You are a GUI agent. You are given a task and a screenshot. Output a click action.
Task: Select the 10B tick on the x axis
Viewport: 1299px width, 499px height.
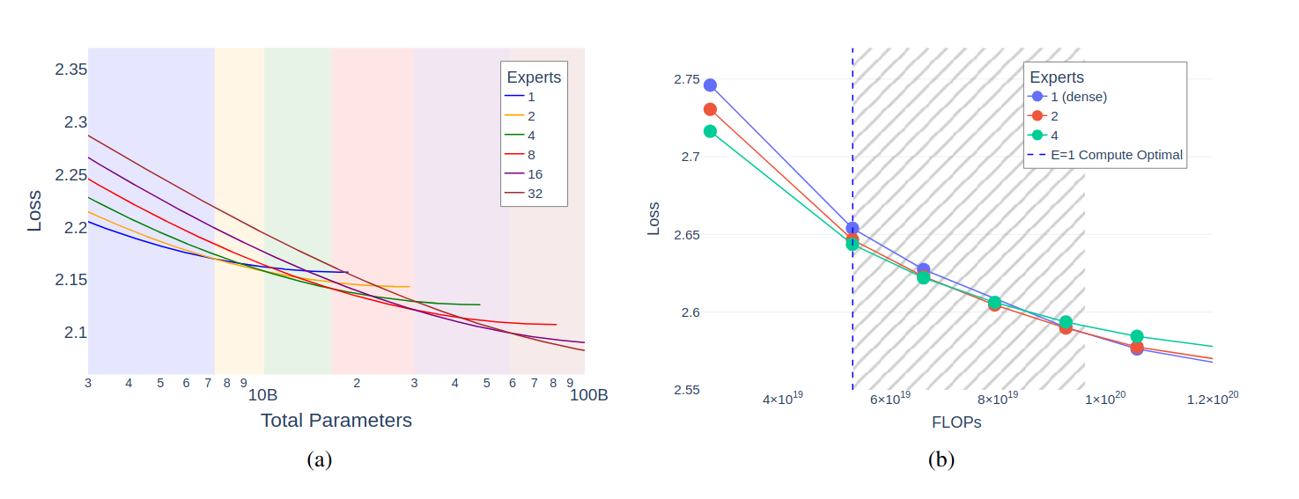262,394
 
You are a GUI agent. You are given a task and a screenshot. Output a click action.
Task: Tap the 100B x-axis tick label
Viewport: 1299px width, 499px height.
588,394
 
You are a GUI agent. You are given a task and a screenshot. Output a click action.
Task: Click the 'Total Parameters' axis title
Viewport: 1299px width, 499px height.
336,421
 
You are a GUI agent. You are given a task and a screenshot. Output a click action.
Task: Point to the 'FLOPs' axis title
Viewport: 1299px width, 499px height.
956,422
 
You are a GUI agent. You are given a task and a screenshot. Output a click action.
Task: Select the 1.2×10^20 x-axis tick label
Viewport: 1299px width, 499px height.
1212,399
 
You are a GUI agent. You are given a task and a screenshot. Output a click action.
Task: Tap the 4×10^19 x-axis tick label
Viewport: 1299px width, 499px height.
782,399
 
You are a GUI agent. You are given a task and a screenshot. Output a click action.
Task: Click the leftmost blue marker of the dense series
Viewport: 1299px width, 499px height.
710,85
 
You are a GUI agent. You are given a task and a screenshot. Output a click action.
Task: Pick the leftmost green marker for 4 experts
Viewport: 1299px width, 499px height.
710,131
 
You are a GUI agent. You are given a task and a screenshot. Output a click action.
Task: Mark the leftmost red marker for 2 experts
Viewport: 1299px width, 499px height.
710,109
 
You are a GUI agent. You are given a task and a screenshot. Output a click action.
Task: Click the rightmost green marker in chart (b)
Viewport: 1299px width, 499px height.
1137,336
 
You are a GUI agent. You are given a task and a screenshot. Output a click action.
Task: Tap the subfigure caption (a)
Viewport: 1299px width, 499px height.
319,459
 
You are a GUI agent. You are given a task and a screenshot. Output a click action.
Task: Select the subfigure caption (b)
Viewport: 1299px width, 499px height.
941,459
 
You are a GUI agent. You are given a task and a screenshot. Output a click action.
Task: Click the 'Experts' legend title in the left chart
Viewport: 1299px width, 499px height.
534,77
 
